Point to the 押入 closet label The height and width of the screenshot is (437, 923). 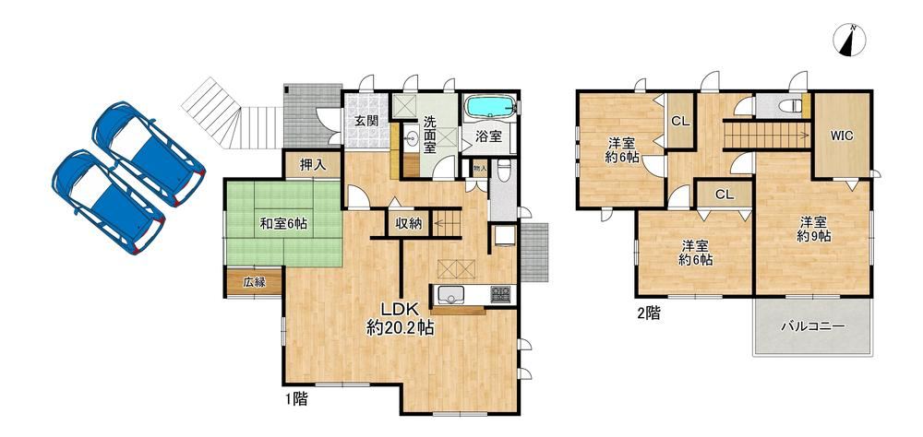(x=313, y=165)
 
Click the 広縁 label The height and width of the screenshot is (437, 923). (x=254, y=282)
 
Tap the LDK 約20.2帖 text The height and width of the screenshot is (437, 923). (x=400, y=319)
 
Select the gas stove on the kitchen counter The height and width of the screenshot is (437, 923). (x=501, y=293)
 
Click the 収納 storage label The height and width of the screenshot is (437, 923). (x=409, y=224)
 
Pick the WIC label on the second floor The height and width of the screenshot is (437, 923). (x=842, y=136)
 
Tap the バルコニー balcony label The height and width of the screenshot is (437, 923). (x=813, y=326)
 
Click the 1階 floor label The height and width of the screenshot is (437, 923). (x=296, y=399)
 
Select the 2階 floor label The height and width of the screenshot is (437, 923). (x=648, y=313)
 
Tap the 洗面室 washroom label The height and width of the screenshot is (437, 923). (x=429, y=136)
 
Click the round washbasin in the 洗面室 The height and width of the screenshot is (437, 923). (x=411, y=139)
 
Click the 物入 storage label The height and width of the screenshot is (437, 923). (x=480, y=169)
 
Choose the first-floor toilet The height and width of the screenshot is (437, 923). (x=503, y=173)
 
